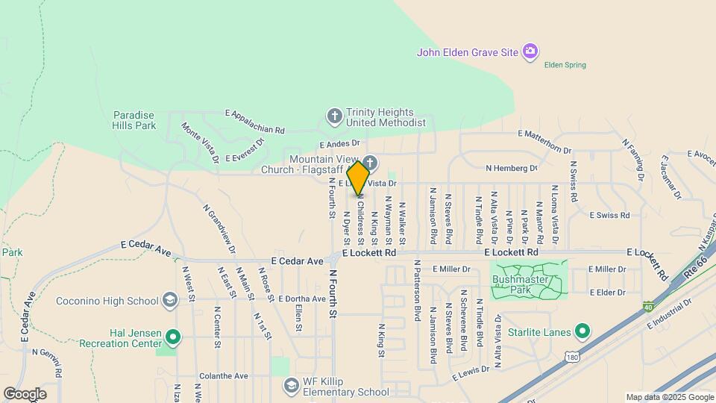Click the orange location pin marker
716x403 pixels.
point(359,178)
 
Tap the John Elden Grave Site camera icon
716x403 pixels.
point(530,51)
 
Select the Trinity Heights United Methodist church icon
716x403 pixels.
point(334,116)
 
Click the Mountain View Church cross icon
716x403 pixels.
point(371,163)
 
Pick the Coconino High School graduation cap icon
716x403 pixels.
point(171,301)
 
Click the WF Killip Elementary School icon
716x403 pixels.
point(292,386)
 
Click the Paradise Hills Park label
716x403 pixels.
point(134,120)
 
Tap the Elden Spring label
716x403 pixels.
point(565,65)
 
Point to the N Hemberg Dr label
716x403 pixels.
point(511,169)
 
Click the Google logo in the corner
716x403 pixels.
point(25,393)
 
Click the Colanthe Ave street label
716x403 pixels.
point(223,376)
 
